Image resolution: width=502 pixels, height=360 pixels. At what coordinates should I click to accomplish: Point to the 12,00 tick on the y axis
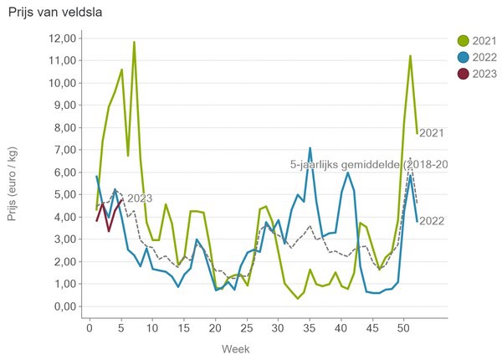[65, 39]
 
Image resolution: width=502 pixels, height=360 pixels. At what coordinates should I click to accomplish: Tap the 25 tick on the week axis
[247, 327]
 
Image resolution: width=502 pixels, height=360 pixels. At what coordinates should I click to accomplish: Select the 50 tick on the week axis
[404, 327]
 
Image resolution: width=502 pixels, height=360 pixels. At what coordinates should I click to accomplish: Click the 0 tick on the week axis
[90, 327]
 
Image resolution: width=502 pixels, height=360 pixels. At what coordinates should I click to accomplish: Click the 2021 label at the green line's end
[431, 132]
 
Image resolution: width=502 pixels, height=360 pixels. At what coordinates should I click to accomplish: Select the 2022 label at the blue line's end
[431, 221]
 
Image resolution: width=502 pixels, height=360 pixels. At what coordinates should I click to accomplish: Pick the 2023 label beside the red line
[140, 198]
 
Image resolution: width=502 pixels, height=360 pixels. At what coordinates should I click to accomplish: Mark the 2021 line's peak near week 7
[134, 42]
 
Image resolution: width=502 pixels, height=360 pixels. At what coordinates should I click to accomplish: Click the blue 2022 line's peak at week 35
[310, 148]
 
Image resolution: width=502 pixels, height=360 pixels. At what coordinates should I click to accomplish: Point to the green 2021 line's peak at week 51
[410, 56]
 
